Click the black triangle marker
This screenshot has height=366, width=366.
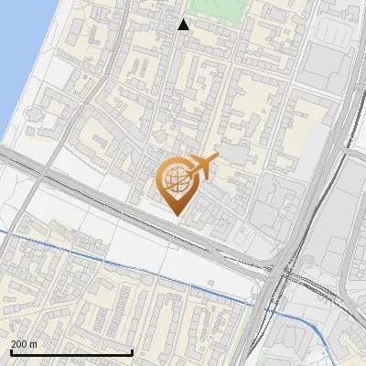tap(184, 25)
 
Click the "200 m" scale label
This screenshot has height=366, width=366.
tap(23, 343)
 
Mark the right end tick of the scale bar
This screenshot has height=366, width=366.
tap(134, 350)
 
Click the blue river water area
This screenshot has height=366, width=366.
tap(14, 55)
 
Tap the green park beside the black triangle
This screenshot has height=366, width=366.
tap(220, 11)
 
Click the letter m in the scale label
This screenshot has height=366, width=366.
tap(33, 343)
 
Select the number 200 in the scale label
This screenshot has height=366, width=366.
tap(18, 343)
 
